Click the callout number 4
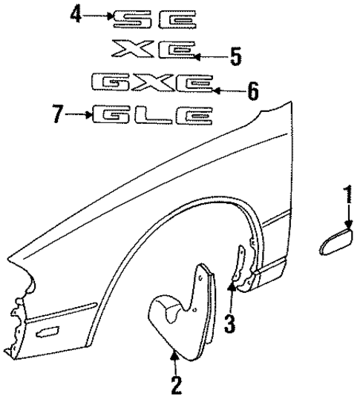74,13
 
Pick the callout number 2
176,385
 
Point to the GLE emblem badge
153,115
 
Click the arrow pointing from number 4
100,14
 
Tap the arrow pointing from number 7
78,114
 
